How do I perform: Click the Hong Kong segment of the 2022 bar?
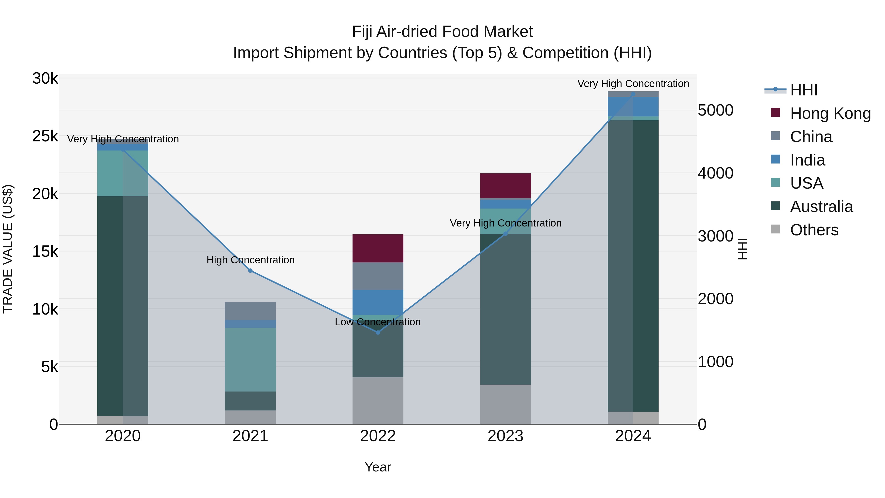coord(378,248)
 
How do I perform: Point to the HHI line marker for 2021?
coord(251,271)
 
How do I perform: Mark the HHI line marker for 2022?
coord(378,332)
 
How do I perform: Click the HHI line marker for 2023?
coord(505,234)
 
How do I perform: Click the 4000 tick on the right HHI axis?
coord(715,173)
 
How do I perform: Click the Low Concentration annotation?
coord(378,322)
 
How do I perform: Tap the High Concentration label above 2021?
coord(251,260)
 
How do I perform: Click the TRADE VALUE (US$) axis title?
coord(8,249)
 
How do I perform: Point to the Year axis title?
coord(378,467)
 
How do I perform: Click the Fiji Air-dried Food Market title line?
coord(442,32)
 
